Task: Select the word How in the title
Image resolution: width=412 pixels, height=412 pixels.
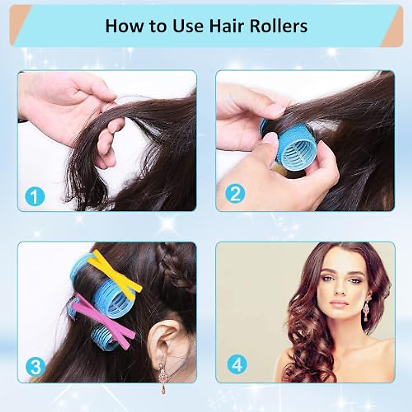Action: pos(122,26)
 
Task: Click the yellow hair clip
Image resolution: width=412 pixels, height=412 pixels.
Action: pos(115,271)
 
